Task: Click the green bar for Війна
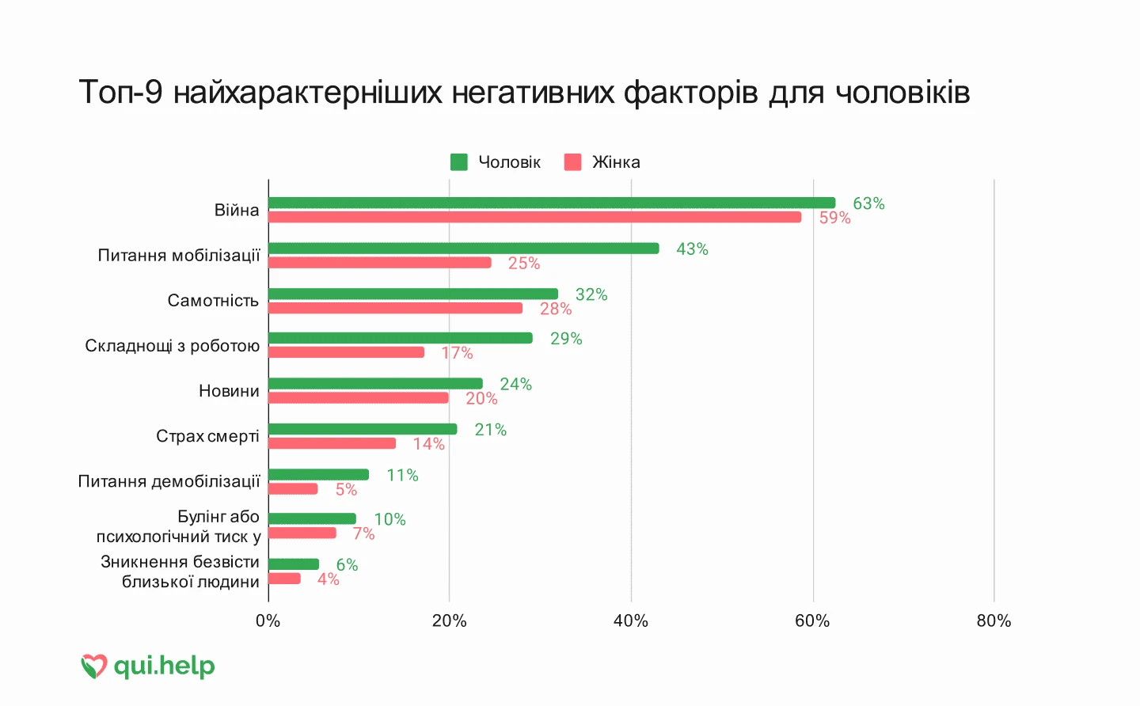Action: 552,203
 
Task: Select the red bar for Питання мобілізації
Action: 380,263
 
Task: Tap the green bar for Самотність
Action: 413,294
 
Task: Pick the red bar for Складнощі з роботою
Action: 346,352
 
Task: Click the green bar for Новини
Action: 375,384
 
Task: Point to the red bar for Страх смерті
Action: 332,443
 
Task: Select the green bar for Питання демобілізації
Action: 318,475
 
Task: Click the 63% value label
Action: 868,203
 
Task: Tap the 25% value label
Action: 524,263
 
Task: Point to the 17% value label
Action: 457,353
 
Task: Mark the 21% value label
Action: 490,430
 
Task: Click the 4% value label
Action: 328,579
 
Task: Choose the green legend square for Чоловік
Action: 459,162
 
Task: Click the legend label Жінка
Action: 616,162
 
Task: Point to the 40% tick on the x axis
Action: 631,621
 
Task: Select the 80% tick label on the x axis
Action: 994,621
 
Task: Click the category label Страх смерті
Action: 207,436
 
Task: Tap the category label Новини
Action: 229,391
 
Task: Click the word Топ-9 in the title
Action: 120,93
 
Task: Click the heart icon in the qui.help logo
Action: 93,666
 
